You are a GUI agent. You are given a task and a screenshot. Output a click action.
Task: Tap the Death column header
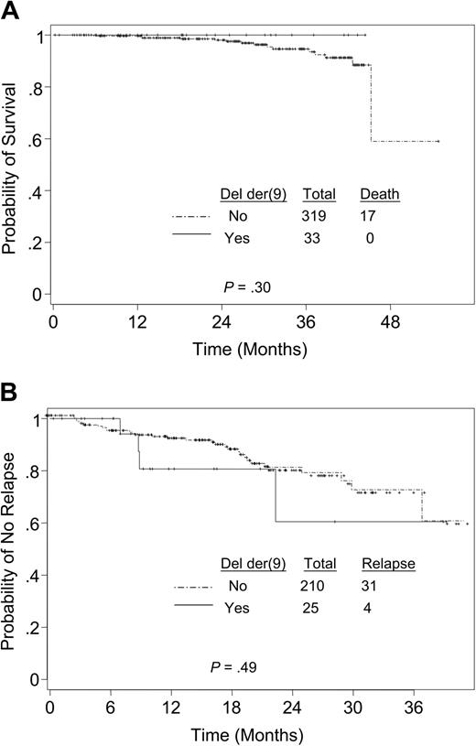pos(378,194)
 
